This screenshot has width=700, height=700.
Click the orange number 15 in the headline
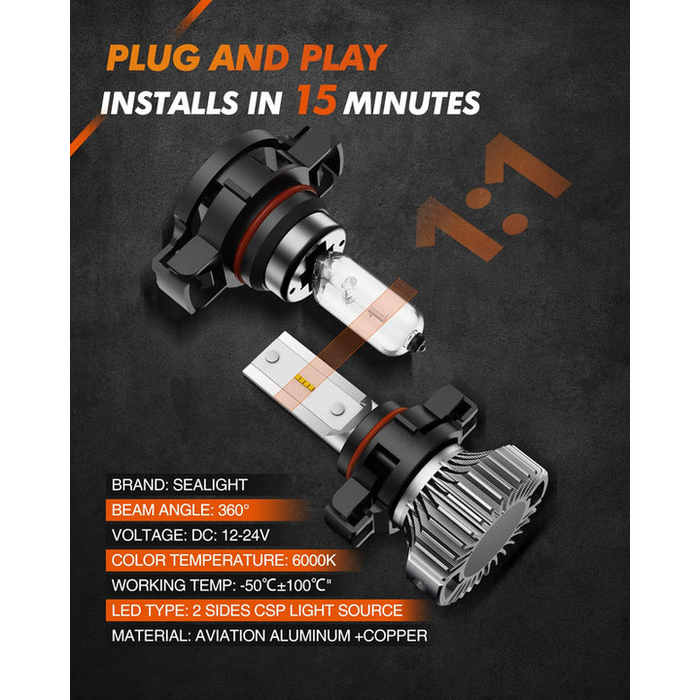click(317, 99)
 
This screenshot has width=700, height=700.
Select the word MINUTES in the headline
click(411, 103)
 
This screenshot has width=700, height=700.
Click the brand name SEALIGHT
click(210, 485)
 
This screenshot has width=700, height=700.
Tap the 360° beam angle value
click(233, 509)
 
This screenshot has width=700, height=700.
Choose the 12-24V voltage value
click(245, 535)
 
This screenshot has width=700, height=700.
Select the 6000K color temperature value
click(313, 560)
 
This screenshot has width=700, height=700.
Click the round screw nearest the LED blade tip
click(272, 356)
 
